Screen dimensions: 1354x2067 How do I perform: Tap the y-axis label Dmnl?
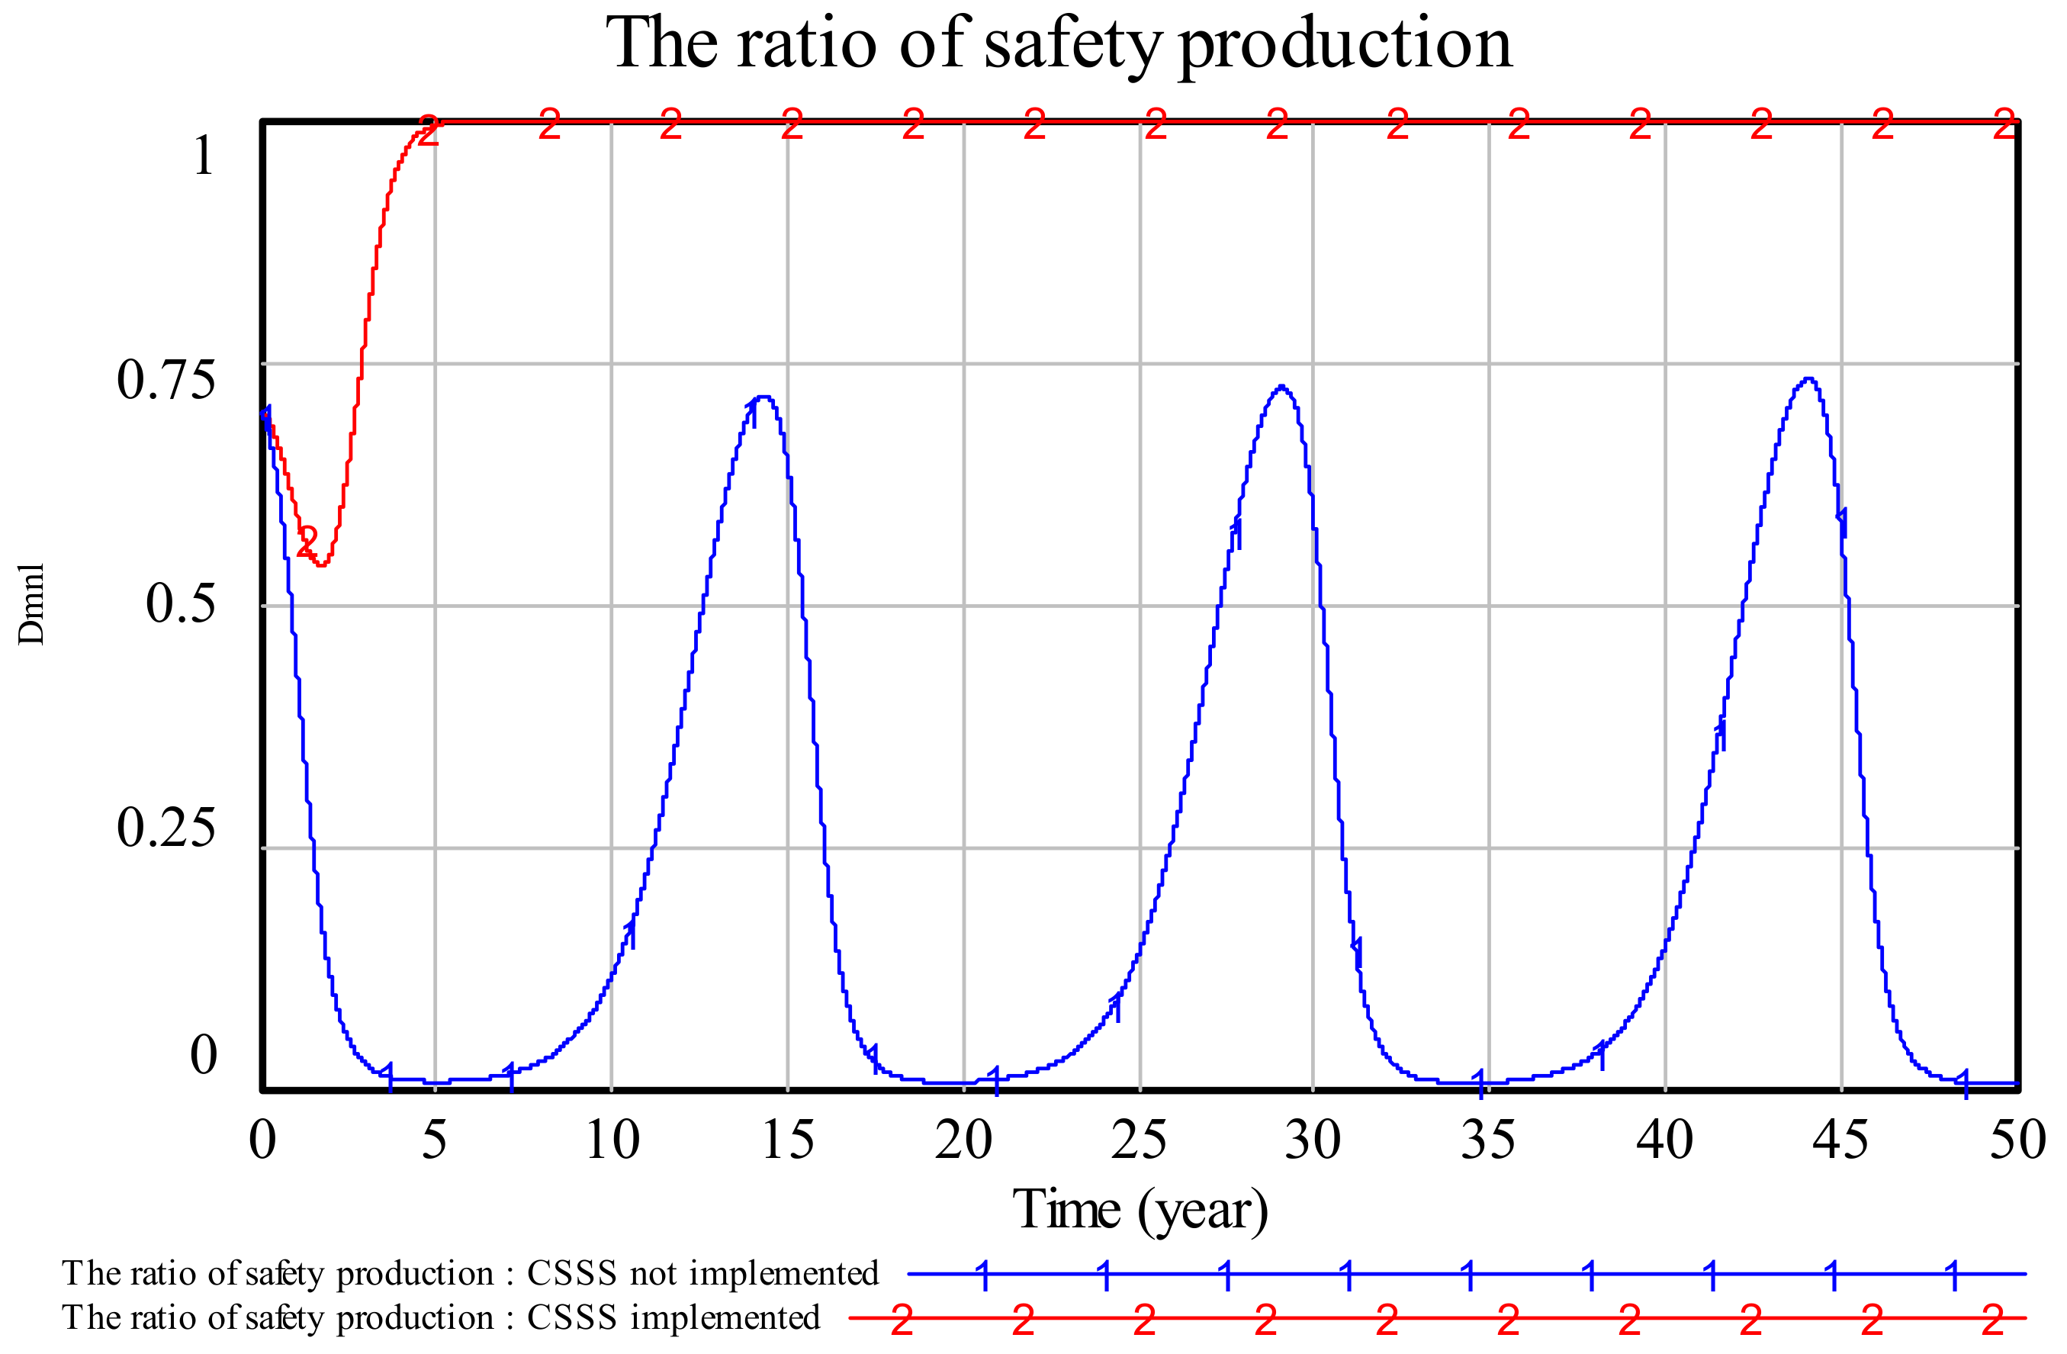[31, 603]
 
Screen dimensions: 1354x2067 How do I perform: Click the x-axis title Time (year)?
[1140, 1210]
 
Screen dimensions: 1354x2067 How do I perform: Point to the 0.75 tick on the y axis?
[165, 380]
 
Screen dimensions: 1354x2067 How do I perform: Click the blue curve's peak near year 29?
[1281, 387]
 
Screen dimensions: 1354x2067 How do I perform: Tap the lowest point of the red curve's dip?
[321, 564]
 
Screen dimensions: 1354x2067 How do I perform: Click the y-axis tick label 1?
[203, 156]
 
